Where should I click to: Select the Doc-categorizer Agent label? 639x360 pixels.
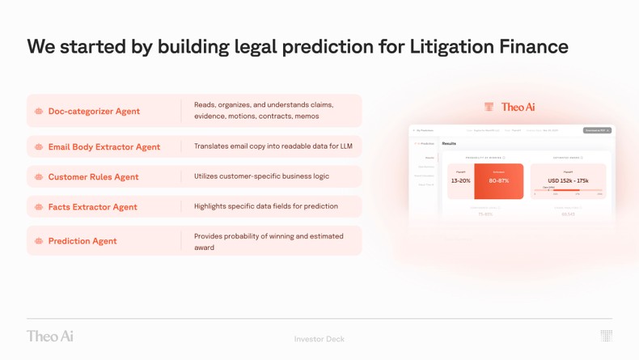click(x=94, y=112)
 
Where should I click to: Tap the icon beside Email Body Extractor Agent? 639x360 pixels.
click(x=39, y=147)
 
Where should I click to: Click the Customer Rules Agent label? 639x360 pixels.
click(x=93, y=177)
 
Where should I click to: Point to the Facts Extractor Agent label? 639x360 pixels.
click(x=92, y=207)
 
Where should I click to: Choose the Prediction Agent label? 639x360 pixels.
click(x=82, y=241)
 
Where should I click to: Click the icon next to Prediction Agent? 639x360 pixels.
click(x=39, y=241)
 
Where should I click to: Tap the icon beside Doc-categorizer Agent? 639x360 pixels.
click(x=39, y=112)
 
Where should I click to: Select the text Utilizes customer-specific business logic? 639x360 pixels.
click(x=261, y=176)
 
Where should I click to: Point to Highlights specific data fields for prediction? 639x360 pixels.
click(x=265, y=206)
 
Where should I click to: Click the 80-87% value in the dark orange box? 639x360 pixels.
click(x=499, y=181)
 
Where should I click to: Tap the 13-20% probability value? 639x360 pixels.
click(x=460, y=181)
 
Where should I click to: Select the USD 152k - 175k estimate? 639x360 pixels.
click(x=568, y=181)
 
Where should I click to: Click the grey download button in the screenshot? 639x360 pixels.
click(x=597, y=130)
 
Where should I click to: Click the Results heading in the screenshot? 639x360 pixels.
click(x=449, y=143)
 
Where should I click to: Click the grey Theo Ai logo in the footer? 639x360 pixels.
click(x=49, y=336)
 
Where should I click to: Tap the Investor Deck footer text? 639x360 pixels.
click(x=319, y=339)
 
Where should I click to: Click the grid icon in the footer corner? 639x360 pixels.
click(x=606, y=336)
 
